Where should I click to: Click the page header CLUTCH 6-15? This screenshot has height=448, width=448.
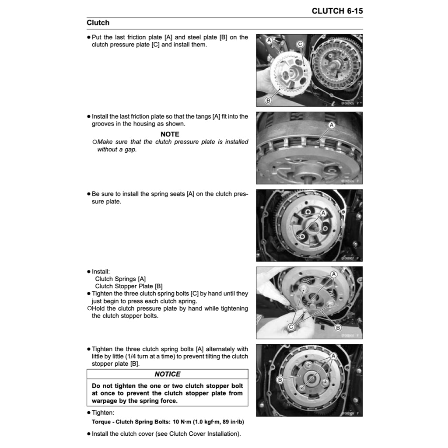tap(337, 11)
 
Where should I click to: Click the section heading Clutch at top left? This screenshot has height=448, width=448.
tap(98, 23)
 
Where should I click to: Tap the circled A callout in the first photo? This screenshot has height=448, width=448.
tap(269, 40)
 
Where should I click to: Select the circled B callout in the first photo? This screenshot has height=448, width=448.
tap(268, 101)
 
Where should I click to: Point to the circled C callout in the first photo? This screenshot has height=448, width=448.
tap(300, 44)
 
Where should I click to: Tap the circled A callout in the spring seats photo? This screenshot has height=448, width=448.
tap(323, 213)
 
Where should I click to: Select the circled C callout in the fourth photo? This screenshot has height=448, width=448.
tap(291, 327)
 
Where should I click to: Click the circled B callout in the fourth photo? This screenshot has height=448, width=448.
tap(338, 328)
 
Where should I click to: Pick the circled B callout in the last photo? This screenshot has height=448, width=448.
tap(280, 380)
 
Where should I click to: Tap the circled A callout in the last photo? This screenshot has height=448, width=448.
tap(334, 356)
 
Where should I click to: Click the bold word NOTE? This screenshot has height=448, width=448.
tap(170, 134)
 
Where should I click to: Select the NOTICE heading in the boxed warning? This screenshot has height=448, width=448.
tap(168, 374)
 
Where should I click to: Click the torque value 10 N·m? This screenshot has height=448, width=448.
tap(182, 422)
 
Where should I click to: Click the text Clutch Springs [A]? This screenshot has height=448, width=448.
tap(120, 279)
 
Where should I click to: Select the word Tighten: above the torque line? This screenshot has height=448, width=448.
tap(103, 413)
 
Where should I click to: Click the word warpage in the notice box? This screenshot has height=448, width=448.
tap(108, 401)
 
